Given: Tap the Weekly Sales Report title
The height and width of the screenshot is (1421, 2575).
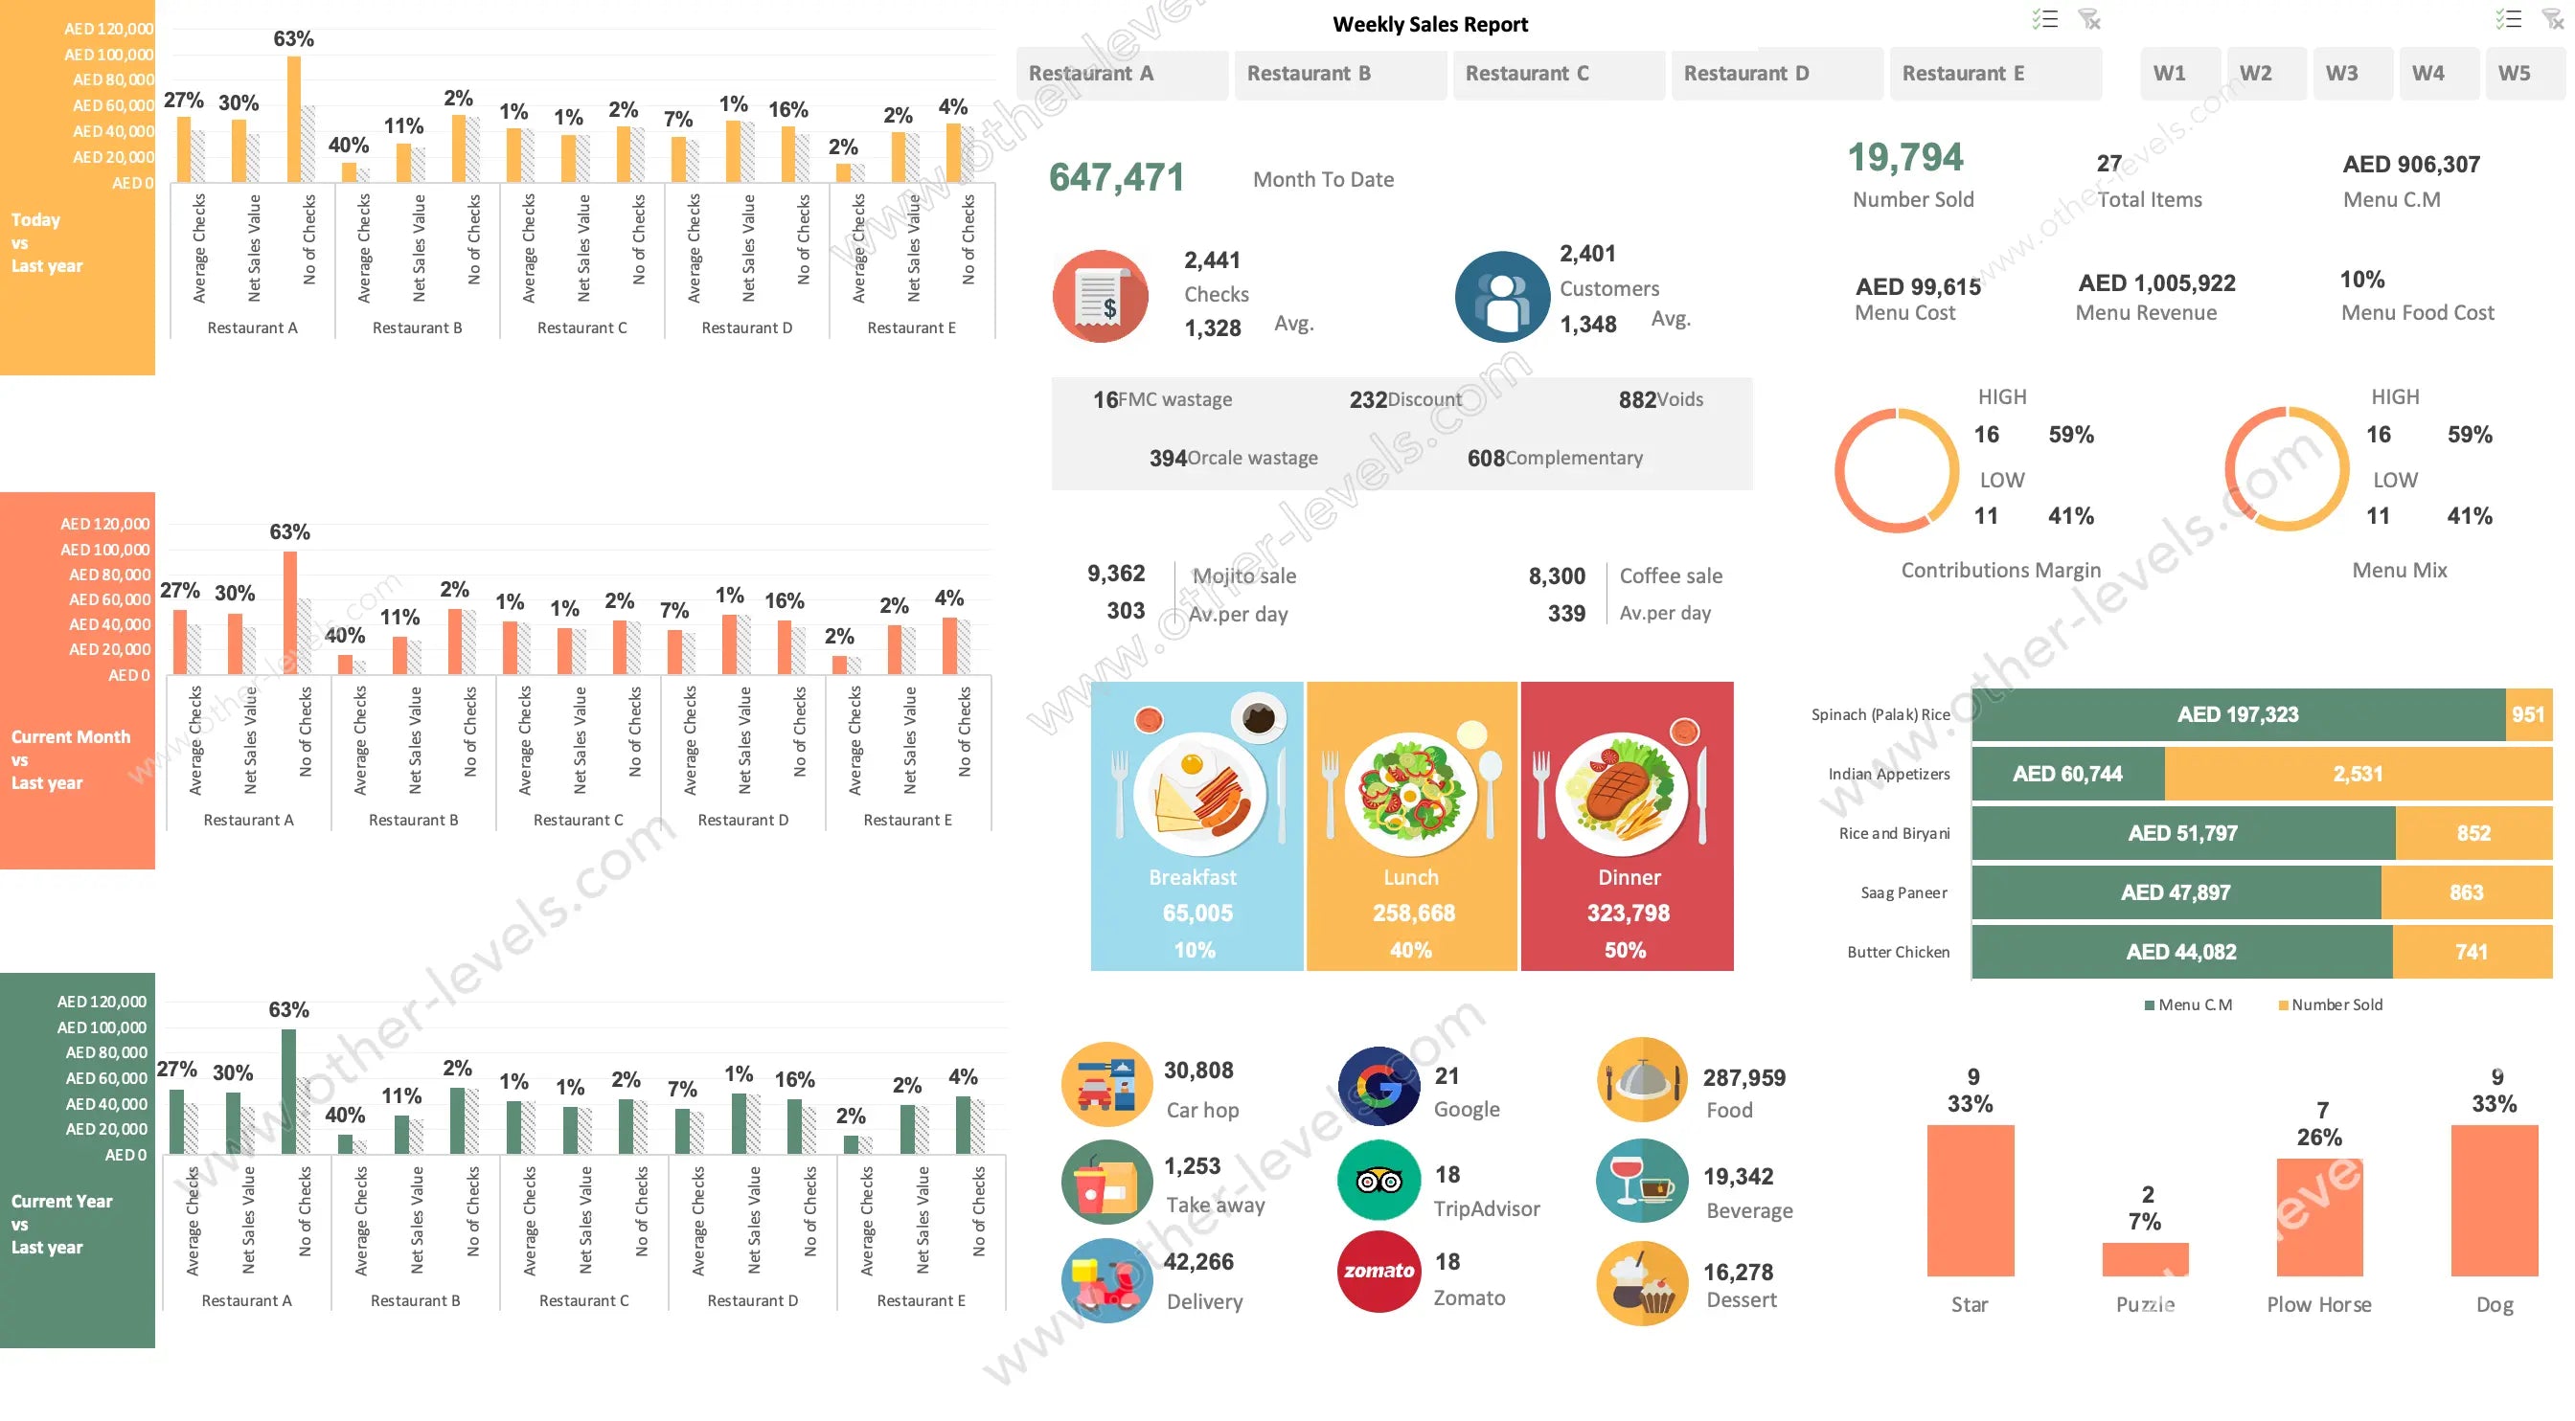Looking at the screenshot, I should pyautogui.click(x=1429, y=24).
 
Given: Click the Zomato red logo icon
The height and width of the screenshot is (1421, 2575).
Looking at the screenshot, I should pyautogui.click(x=1379, y=1271).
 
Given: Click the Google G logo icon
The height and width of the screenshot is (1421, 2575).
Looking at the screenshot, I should pyautogui.click(x=1379, y=1086).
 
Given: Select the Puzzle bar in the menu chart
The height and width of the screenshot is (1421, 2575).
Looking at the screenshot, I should pyautogui.click(x=2145, y=1259).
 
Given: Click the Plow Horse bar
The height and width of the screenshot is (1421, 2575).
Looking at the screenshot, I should pyautogui.click(x=2319, y=1217).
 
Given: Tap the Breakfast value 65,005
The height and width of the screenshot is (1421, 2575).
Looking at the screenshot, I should pyautogui.click(x=1197, y=913).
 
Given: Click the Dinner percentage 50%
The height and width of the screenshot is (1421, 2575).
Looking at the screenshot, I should pyautogui.click(x=1626, y=950).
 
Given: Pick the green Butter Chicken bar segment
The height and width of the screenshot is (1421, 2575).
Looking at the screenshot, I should pyautogui.click(x=2181, y=953).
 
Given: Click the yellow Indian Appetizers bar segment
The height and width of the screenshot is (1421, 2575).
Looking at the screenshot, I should pyautogui.click(x=2358, y=775).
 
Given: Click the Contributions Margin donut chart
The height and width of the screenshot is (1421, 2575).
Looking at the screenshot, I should pyautogui.click(x=1896, y=469).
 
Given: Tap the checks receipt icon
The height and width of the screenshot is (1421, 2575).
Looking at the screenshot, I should pyautogui.click(x=1101, y=297).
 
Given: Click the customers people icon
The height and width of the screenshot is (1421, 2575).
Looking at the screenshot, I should pyautogui.click(x=1502, y=297).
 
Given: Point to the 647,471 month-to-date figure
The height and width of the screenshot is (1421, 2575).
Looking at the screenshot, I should pyautogui.click(x=1117, y=178).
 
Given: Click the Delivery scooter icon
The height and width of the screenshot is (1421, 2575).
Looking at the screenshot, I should pyautogui.click(x=1105, y=1281).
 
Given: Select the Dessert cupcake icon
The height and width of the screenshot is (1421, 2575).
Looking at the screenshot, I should pyautogui.click(x=1641, y=1284).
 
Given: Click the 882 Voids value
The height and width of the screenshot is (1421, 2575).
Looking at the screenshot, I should pyautogui.click(x=1637, y=399).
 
